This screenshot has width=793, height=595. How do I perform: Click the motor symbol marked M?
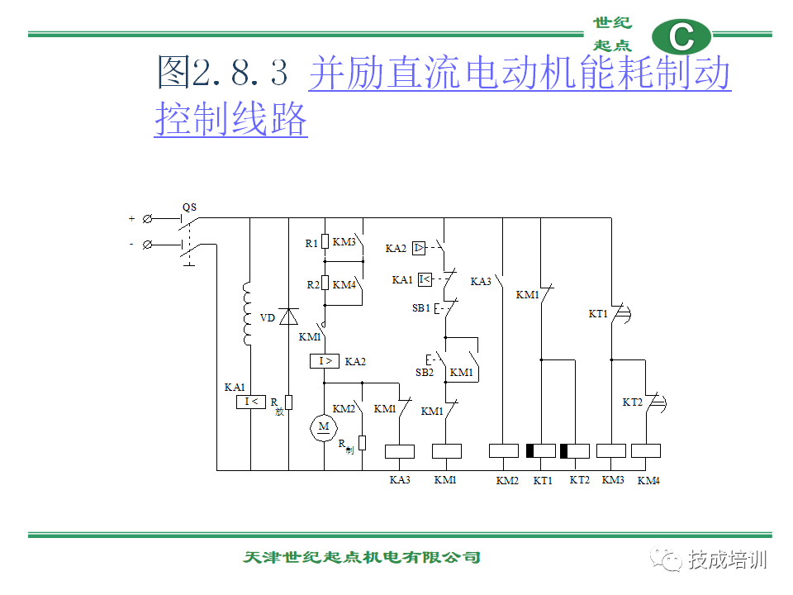pyautogui.click(x=324, y=427)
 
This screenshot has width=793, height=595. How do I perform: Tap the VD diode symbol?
pyautogui.click(x=289, y=317)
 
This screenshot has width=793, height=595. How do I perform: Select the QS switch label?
pyautogui.click(x=190, y=207)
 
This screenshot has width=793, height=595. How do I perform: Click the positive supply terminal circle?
pyautogui.click(x=147, y=218)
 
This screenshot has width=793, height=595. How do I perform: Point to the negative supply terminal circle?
pyautogui.click(x=147, y=245)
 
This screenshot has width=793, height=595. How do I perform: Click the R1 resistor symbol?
pyautogui.click(x=325, y=241)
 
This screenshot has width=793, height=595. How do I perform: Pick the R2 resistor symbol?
pyautogui.click(x=325, y=283)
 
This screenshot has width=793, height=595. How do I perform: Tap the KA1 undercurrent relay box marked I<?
pyautogui.click(x=251, y=402)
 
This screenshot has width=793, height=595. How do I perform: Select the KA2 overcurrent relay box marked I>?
pyautogui.click(x=324, y=361)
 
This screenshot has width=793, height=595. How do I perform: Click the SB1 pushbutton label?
pyautogui.click(x=420, y=307)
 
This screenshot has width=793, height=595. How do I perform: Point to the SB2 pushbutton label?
pyautogui.click(x=425, y=373)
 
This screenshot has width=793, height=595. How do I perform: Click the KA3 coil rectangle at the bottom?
pyautogui.click(x=400, y=451)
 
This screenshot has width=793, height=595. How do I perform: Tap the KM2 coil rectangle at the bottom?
pyautogui.click(x=504, y=451)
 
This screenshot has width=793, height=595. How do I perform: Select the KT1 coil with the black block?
pyautogui.click(x=540, y=451)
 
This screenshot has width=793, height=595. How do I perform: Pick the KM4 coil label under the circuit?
pyautogui.click(x=648, y=480)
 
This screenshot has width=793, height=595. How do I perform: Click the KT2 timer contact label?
pyautogui.click(x=632, y=402)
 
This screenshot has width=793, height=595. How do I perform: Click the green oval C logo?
pyautogui.click(x=681, y=36)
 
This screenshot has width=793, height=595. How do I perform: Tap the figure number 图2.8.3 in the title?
pyautogui.click(x=222, y=72)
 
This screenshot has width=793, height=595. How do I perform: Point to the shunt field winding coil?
pyautogui.click(x=247, y=314)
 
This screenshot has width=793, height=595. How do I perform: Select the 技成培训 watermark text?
pyautogui.click(x=727, y=560)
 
